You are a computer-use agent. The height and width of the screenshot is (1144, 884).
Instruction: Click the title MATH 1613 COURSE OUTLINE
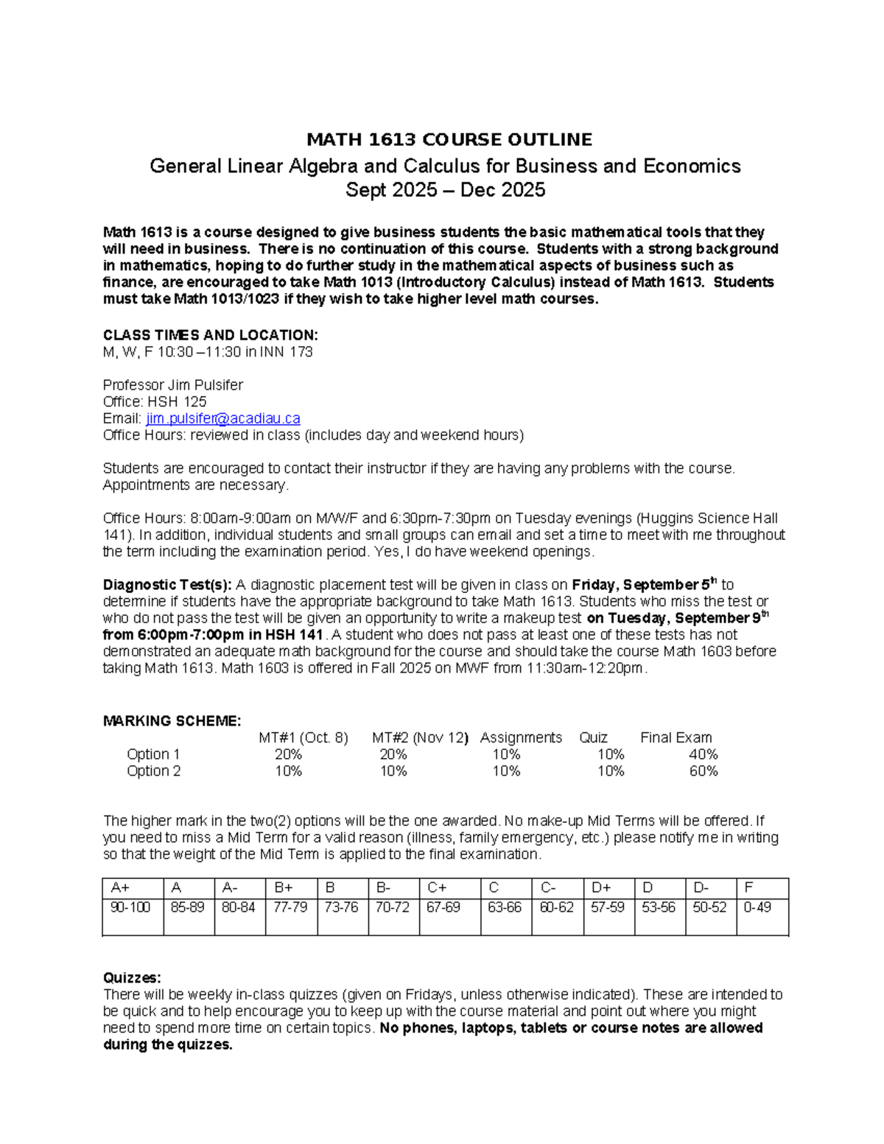pos(449,140)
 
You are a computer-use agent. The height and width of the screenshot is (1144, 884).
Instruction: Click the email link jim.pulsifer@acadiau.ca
pos(222,418)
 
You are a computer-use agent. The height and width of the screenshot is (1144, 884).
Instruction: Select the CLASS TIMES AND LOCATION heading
pos(210,335)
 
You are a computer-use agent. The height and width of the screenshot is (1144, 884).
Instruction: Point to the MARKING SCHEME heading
pos(172,720)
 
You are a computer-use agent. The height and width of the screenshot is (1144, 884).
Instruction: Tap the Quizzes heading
pos(131,978)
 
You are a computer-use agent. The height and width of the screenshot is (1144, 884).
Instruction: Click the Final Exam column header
pos(676,737)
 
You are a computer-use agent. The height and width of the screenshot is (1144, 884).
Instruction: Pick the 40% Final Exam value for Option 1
pos(703,754)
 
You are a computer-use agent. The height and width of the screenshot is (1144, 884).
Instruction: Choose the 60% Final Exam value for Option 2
pos(703,771)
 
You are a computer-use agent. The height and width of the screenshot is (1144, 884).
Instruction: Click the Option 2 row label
pos(153,771)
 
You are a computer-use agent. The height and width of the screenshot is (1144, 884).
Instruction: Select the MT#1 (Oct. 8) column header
pos(303,737)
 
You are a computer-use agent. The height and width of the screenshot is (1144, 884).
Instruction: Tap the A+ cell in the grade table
pos(119,888)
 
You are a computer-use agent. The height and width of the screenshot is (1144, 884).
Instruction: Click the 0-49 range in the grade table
pos(757,908)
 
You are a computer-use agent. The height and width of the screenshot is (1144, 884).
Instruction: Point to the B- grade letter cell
pos(383,888)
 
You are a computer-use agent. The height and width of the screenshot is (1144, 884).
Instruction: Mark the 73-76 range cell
pos(341,908)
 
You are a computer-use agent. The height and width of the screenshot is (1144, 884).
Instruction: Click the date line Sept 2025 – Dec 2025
pos(445,190)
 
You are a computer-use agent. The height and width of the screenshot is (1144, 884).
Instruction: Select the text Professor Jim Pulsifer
pos(172,385)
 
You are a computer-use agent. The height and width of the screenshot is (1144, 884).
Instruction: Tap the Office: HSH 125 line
pos(155,401)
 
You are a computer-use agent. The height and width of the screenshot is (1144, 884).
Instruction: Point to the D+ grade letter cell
pos(601,888)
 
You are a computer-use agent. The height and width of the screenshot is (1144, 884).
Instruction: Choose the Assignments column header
pos(520,737)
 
